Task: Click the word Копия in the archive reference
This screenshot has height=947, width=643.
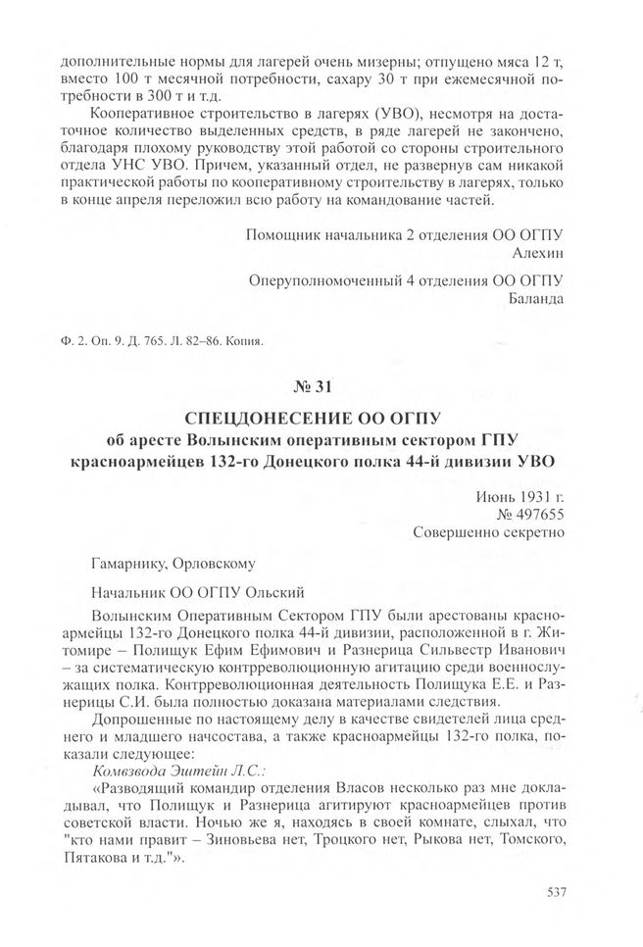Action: pyautogui.click(x=246, y=341)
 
